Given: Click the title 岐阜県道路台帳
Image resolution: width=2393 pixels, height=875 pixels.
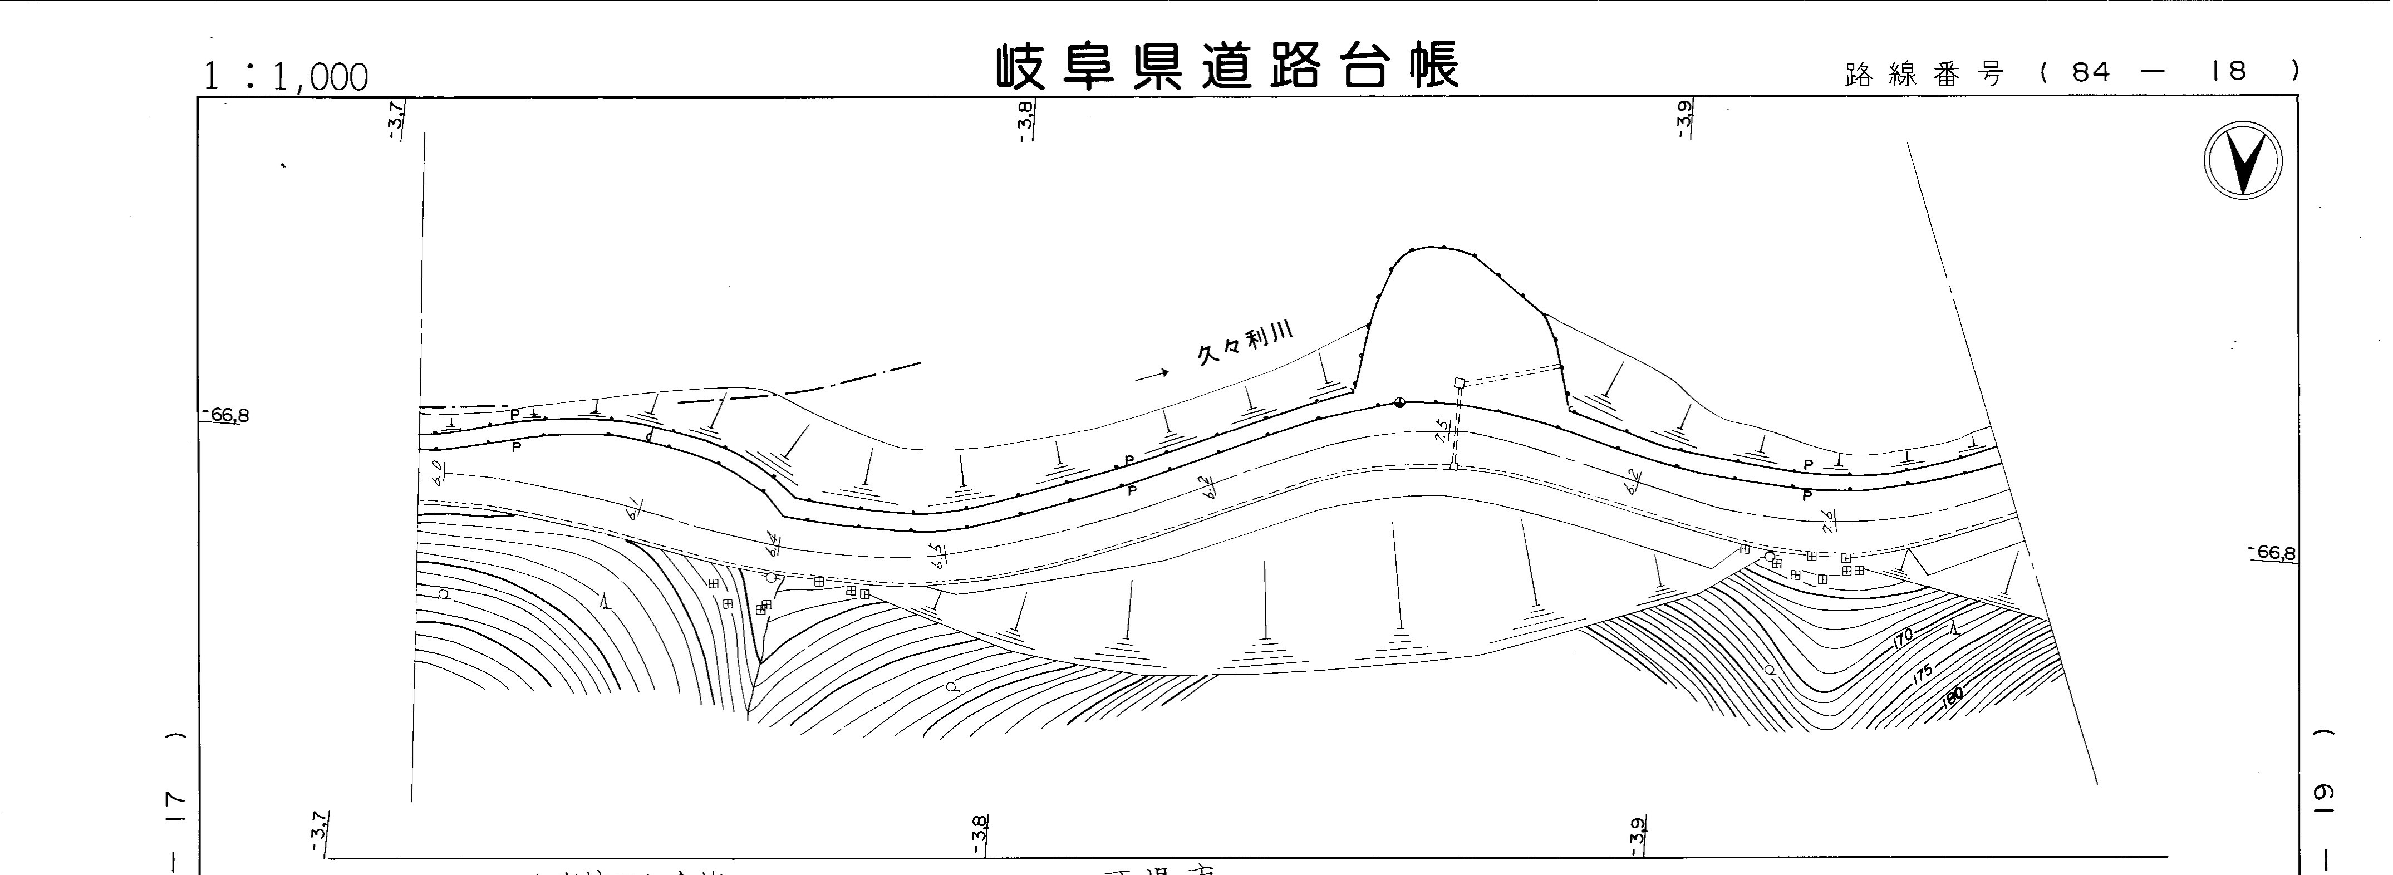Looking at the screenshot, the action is [1226, 66].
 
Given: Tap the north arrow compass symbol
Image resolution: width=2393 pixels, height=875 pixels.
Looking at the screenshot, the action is [2243, 160].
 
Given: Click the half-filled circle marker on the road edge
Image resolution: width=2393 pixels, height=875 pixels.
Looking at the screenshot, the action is [1399, 402].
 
